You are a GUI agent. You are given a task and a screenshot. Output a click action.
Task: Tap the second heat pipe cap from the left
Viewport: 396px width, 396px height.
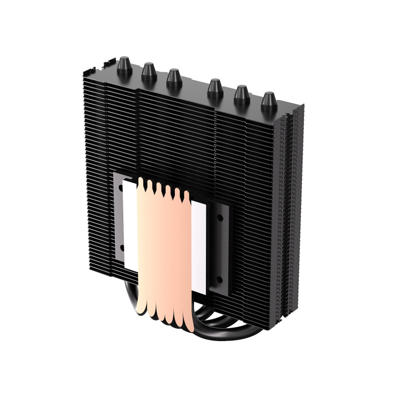click(148, 72)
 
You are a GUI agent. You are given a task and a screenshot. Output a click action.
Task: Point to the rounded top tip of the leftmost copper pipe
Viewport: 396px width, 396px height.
click(142, 184)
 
